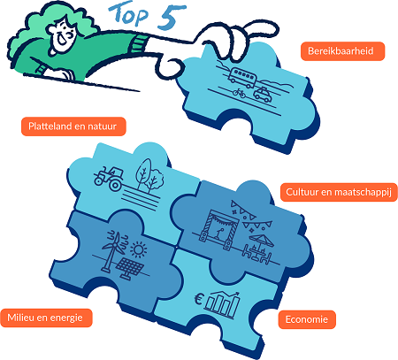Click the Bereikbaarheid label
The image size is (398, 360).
click(342, 51)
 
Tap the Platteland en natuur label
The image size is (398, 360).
click(73, 126)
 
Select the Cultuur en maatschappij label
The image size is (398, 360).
click(339, 192)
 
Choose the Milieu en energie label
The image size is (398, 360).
click(46, 318)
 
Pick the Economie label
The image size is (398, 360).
click(307, 319)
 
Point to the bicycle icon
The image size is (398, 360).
click(239, 94)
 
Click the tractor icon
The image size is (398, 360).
click(109, 178)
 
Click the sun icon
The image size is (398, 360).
click(138, 249)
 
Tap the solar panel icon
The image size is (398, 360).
click(130, 268)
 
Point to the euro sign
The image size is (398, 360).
click(199, 300)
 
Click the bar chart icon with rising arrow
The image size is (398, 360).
click(223, 305)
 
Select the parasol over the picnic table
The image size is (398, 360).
click(262, 240)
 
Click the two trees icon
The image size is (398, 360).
click(149, 176)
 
